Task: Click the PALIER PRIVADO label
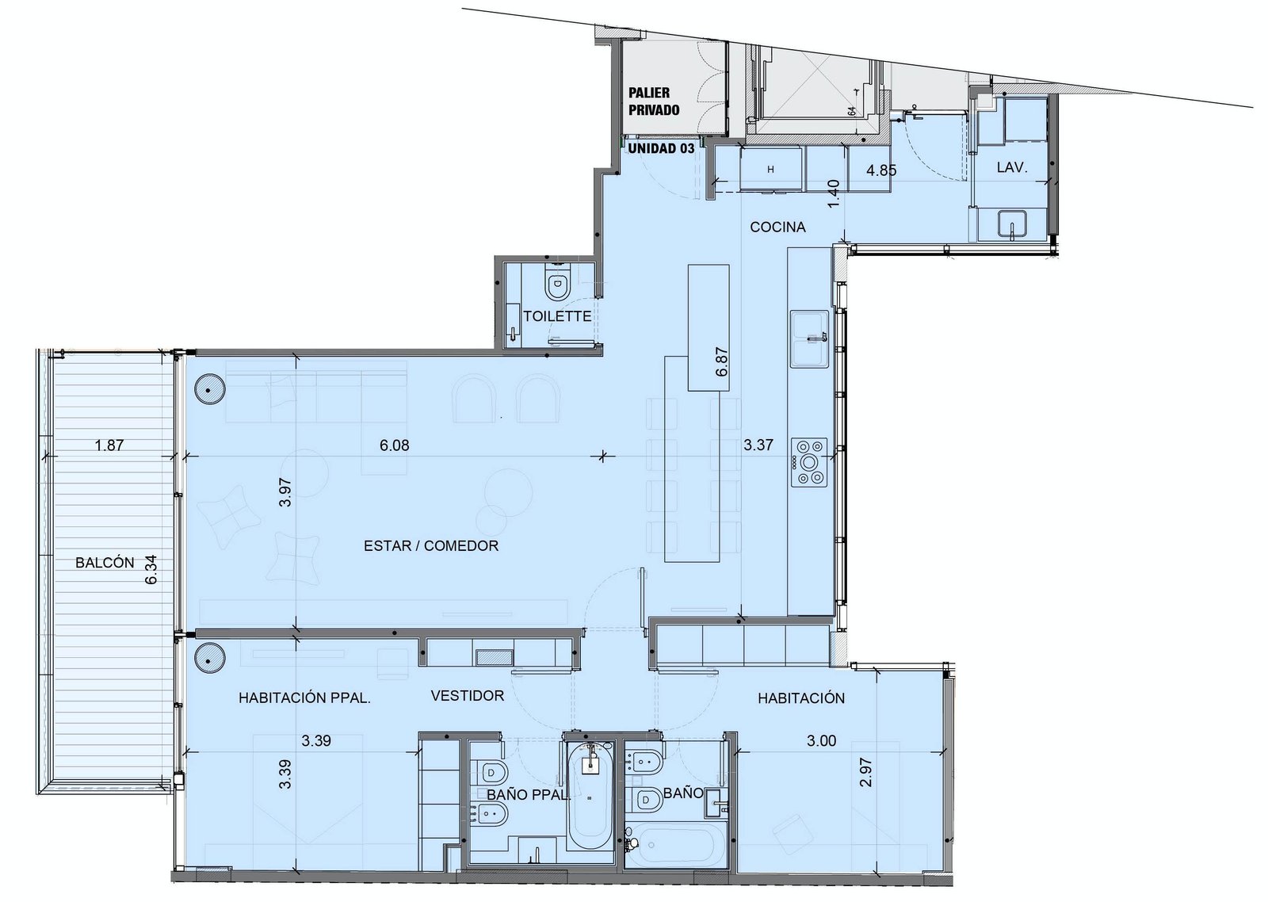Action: [x=654, y=101]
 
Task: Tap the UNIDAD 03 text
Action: [x=661, y=148]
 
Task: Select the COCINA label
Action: [x=777, y=227]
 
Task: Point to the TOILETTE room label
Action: [x=557, y=316]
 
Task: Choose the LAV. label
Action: [x=1011, y=167]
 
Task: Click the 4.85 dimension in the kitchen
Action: [x=880, y=170]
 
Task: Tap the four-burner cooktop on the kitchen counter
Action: [x=809, y=461]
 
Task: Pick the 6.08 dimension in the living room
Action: [x=394, y=445]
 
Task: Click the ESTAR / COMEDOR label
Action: [x=431, y=545]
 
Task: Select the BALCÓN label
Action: [x=105, y=562]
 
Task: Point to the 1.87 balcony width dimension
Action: [x=109, y=445]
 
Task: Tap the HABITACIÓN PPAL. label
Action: [x=304, y=698]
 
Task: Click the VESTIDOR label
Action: [x=467, y=695]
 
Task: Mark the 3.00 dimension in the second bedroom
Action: [x=821, y=740]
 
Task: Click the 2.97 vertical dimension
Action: [x=865, y=772]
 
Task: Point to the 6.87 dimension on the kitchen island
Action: [x=721, y=361]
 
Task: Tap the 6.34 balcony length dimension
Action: [x=151, y=570]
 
